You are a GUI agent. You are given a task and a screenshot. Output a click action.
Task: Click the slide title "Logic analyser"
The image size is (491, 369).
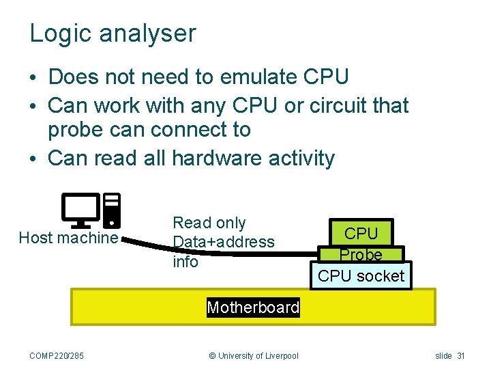pyautogui.click(x=113, y=33)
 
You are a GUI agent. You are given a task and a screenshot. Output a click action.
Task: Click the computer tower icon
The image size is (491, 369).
pyautogui.click(x=112, y=210)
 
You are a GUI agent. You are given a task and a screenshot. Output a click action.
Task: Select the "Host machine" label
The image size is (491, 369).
pyautogui.click(x=68, y=238)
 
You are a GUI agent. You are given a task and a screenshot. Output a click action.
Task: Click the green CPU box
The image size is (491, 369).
pyautogui.click(x=361, y=233)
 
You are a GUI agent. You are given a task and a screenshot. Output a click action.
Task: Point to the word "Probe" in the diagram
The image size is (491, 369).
pyautogui.click(x=361, y=254)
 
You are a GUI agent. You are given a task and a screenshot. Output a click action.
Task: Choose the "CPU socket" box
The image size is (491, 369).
pyautogui.click(x=361, y=276)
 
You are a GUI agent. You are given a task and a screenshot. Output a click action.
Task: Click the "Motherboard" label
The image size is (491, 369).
pyautogui.click(x=253, y=307)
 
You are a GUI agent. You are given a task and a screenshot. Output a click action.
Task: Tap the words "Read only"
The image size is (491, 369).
pyautogui.click(x=209, y=223)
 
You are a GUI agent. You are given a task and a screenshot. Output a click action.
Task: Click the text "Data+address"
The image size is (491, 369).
pyautogui.click(x=224, y=242)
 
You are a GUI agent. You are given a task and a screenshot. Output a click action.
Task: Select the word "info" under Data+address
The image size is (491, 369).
pyautogui.click(x=185, y=262)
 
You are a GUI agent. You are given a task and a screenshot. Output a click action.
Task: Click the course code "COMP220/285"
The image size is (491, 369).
pyautogui.click(x=57, y=355)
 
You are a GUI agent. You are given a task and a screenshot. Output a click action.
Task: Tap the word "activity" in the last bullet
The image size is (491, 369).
pyautogui.click(x=300, y=158)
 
